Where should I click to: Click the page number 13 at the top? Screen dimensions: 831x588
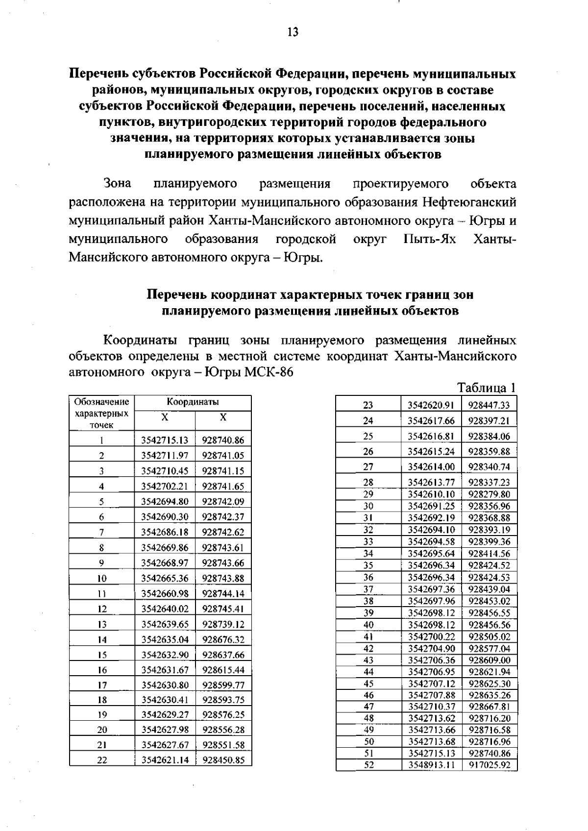tap(293, 32)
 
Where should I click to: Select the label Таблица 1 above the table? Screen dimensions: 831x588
tap(486, 388)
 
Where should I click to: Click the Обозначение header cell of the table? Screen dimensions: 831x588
tap(101, 402)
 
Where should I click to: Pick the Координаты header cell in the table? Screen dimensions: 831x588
tap(193, 402)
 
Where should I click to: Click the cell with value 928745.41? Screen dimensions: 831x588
tap(223, 609)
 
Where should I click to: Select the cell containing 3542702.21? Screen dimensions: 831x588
tap(165, 487)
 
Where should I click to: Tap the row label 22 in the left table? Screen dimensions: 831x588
tap(102, 760)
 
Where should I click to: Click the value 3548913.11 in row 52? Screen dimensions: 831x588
tap(431, 765)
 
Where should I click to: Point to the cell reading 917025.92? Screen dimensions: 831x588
tap(489, 765)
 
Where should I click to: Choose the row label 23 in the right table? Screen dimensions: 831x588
tap(368, 405)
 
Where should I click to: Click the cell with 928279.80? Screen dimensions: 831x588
tap(489, 494)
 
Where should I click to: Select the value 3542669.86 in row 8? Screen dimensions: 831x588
tap(165, 548)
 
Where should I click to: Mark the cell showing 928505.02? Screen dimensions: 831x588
tap(489, 636)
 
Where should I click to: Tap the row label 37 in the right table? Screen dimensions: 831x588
tap(368, 589)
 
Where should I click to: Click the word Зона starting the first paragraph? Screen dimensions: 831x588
tap(118, 184)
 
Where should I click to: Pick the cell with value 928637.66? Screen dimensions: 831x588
tap(223, 655)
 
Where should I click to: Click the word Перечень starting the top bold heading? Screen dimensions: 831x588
tap(98, 74)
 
